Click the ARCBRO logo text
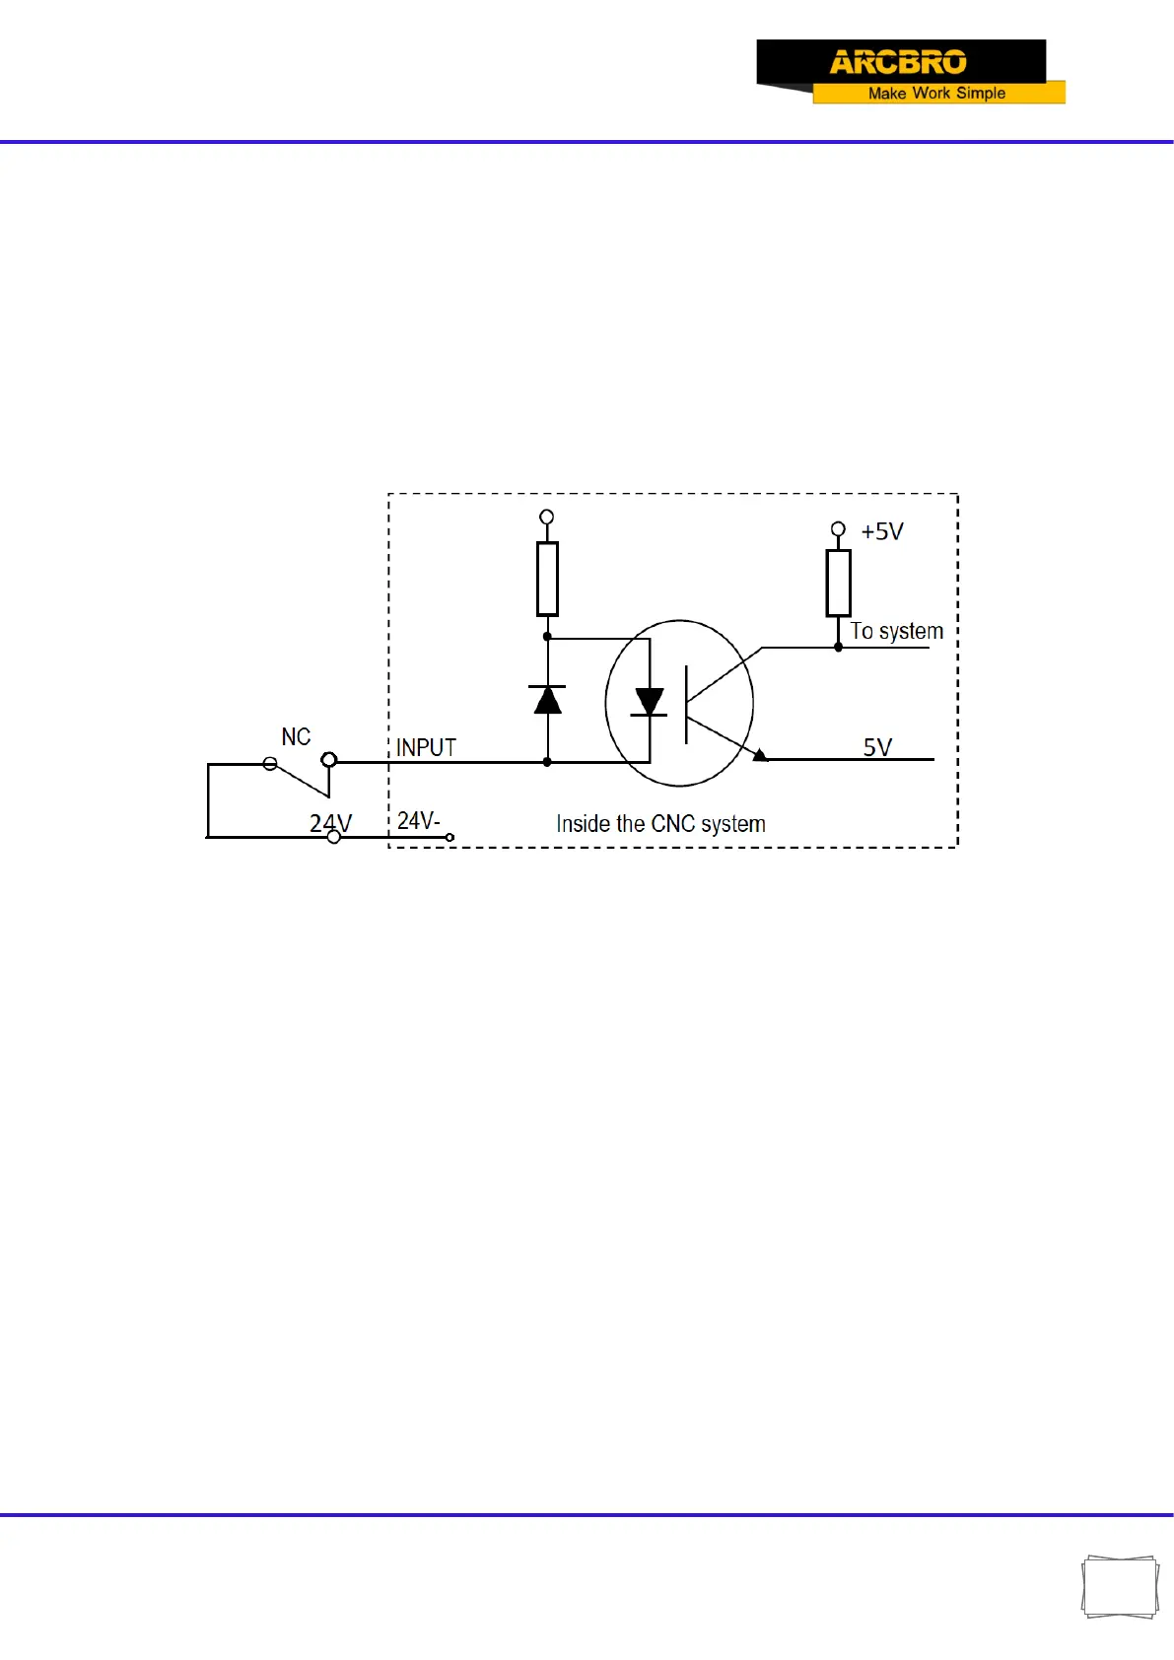pos(898,62)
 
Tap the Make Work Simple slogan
pos(936,93)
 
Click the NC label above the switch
pos(296,737)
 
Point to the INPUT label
pos(426,748)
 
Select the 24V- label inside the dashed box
pos(418,821)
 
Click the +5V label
pos(881,532)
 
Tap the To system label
pos(896,631)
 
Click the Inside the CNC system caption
pos(660,824)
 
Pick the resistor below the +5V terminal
pos(838,584)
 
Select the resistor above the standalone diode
pos(547,579)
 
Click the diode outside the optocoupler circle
pos(547,699)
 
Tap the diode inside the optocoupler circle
pos(649,702)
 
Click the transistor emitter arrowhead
pos(760,755)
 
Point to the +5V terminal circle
pos(838,529)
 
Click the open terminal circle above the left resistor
pos(547,517)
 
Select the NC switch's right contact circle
pos(329,760)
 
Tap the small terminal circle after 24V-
pos(450,838)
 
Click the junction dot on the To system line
pos(838,648)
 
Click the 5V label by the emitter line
pos(877,747)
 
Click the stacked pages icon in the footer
pos(1120,1587)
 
